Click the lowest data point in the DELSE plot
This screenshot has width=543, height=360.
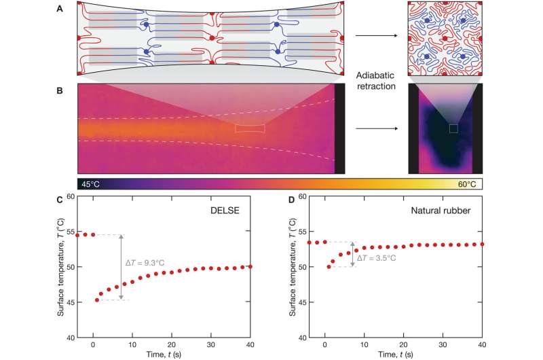pos(97,300)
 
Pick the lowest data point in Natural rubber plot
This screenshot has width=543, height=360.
pos(329,266)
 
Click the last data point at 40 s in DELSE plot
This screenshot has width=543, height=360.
pos(251,266)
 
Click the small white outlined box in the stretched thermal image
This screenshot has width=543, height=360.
pos(250,128)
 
